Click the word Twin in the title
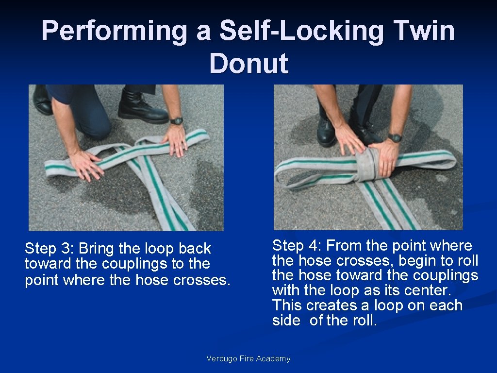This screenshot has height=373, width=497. [424, 31]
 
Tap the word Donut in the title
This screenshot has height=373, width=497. [249, 63]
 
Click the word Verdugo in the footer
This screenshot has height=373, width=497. [221, 359]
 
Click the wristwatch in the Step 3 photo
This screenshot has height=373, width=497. [176, 121]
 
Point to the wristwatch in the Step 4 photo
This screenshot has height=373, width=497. [395, 137]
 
